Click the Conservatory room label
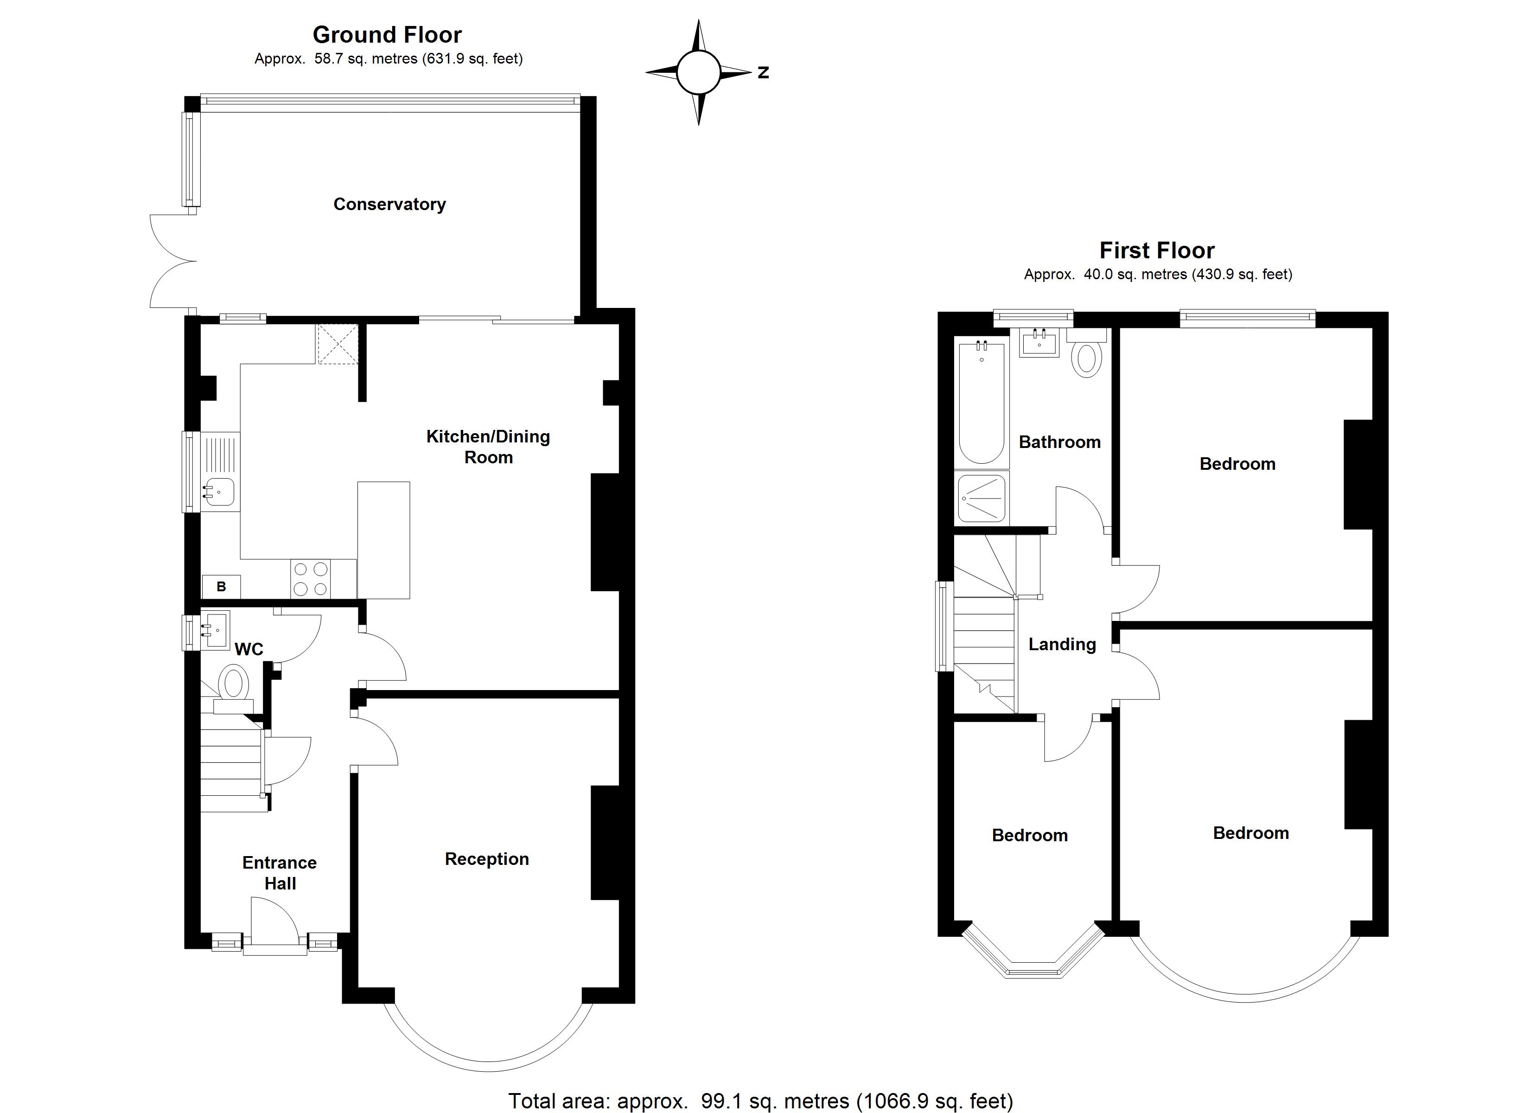click(x=389, y=204)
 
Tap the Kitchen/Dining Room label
click(x=488, y=447)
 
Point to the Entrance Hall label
click(x=279, y=873)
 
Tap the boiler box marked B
click(x=221, y=587)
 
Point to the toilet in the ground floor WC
click(x=233, y=684)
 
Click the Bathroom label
click(x=1059, y=442)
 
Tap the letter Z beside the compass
click(x=763, y=72)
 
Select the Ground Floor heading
click(x=387, y=34)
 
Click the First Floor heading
click(x=1157, y=250)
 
